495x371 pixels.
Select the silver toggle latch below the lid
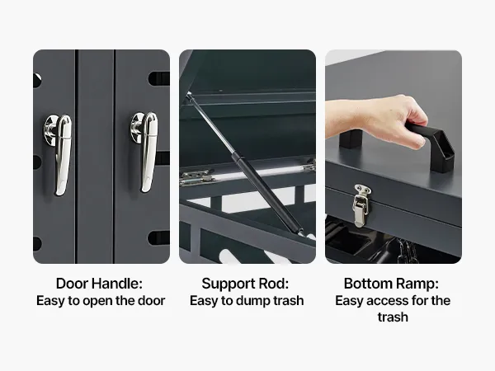[361, 205]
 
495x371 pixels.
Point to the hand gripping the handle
[389, 118]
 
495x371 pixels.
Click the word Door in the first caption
[71, 284]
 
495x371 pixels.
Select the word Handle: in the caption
[117, 284]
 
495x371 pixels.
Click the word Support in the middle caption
[229, 284]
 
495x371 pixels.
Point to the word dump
[253, 301]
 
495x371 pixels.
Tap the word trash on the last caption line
[393, 317]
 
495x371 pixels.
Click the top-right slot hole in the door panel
[158, 78]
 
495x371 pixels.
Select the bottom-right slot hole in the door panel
[158, 238]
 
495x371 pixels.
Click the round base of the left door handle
[49, 130]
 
